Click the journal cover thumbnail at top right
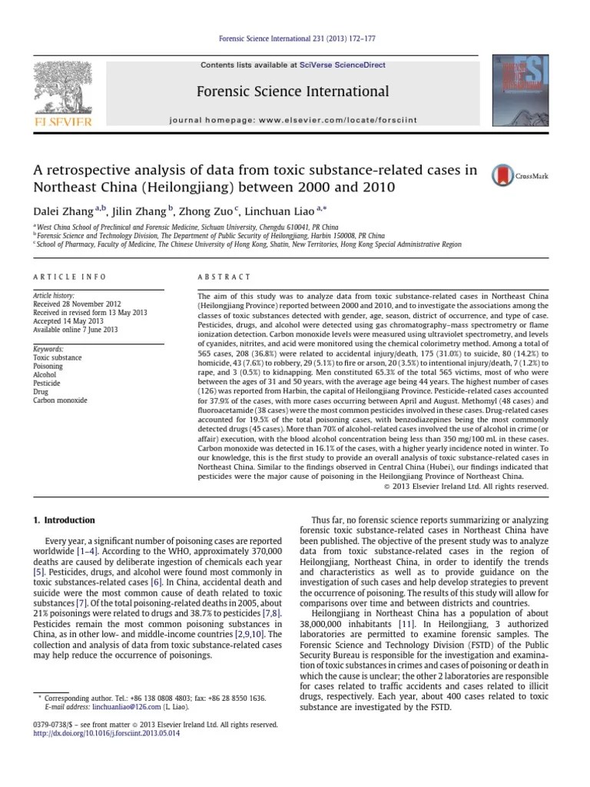click(x=525, y=91)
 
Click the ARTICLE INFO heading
click(x=70, y=277)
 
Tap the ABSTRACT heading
click(x=224, y=277)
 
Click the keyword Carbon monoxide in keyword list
click(x=60, y=400)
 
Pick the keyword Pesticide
click(x=47, y=383)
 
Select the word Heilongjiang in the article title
click(x=166, y=188)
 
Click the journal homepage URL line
click(x=304, y=121)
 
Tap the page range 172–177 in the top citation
click(x=359, y=38)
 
